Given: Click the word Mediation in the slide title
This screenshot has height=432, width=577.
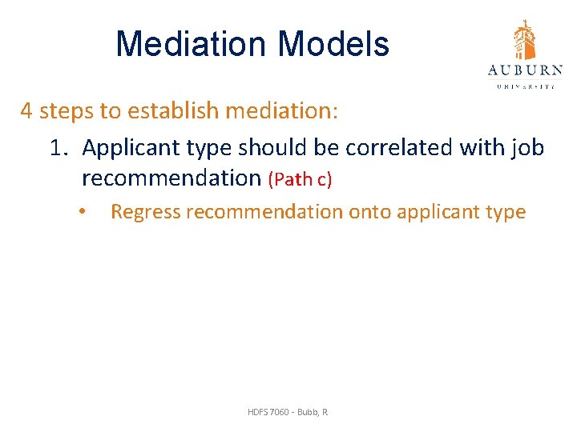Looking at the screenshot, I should [x=183, y=44].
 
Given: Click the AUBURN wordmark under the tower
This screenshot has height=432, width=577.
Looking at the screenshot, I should [x=525, y=70].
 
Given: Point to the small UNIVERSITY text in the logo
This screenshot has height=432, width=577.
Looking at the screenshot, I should [x=525, y=86].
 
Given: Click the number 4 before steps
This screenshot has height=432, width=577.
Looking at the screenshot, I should [x=26, y=110].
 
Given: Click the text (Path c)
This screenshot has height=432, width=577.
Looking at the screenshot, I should [x=301, y=179].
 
